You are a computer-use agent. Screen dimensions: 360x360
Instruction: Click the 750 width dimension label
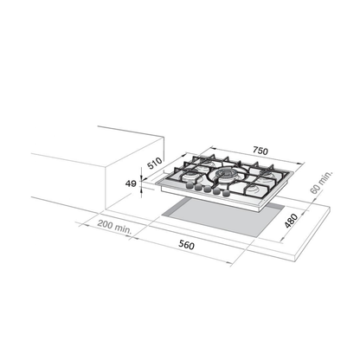tap(260, 151)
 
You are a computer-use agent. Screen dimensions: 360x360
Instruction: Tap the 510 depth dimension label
tap(155, 164)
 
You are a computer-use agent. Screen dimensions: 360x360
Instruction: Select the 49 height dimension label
tap(131, 183)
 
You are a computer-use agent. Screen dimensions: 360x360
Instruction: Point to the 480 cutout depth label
tap(291, 221)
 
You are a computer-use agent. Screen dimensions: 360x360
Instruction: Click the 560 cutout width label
tap(186, 245)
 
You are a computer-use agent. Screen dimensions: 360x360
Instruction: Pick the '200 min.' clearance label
tap(114, 226)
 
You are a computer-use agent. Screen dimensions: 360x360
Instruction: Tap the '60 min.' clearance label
tap(321, 183)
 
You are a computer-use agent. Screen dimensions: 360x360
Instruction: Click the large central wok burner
tap(225, 174)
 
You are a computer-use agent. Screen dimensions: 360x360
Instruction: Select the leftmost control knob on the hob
tap(190, 186)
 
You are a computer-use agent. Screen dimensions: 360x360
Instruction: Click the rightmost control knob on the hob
tap(227, 193)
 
